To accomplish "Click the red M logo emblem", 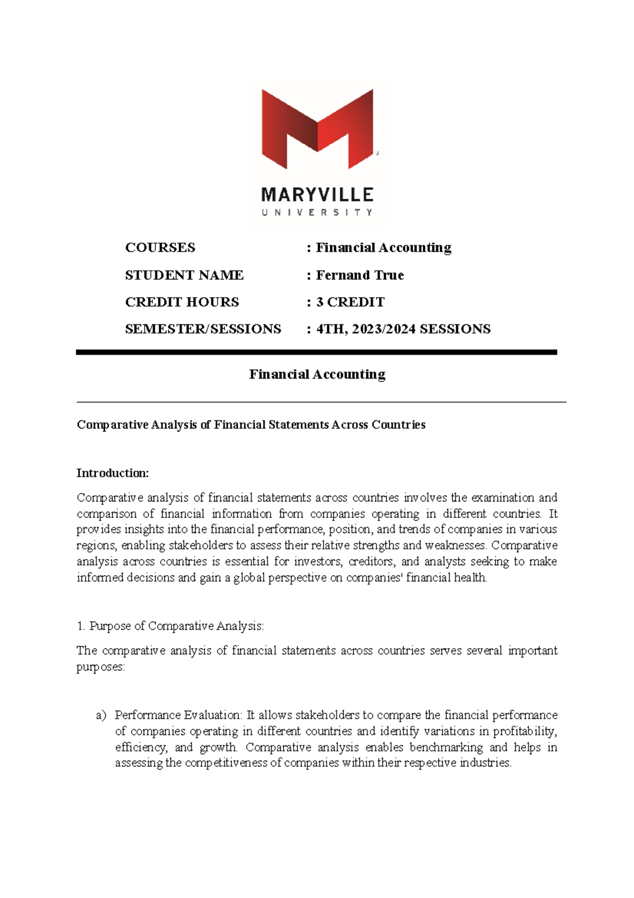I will coord(318,129).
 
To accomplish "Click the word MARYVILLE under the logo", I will coord(318,195).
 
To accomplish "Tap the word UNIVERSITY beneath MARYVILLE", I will coord(318,213).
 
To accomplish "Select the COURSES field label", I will coord(160,248).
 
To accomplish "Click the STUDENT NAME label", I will coord(184,275).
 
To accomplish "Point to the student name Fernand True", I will coord(360,275).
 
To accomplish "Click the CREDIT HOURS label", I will coord(182,302).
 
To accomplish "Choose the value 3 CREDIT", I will coord(350,302).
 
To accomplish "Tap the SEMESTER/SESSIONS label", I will coord(203,329).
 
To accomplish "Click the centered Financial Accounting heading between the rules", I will coord(317,374).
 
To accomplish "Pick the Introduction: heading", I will coord(113,473).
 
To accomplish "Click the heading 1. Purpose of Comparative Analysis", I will coord(170,626).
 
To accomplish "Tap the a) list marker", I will coord(101,716).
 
